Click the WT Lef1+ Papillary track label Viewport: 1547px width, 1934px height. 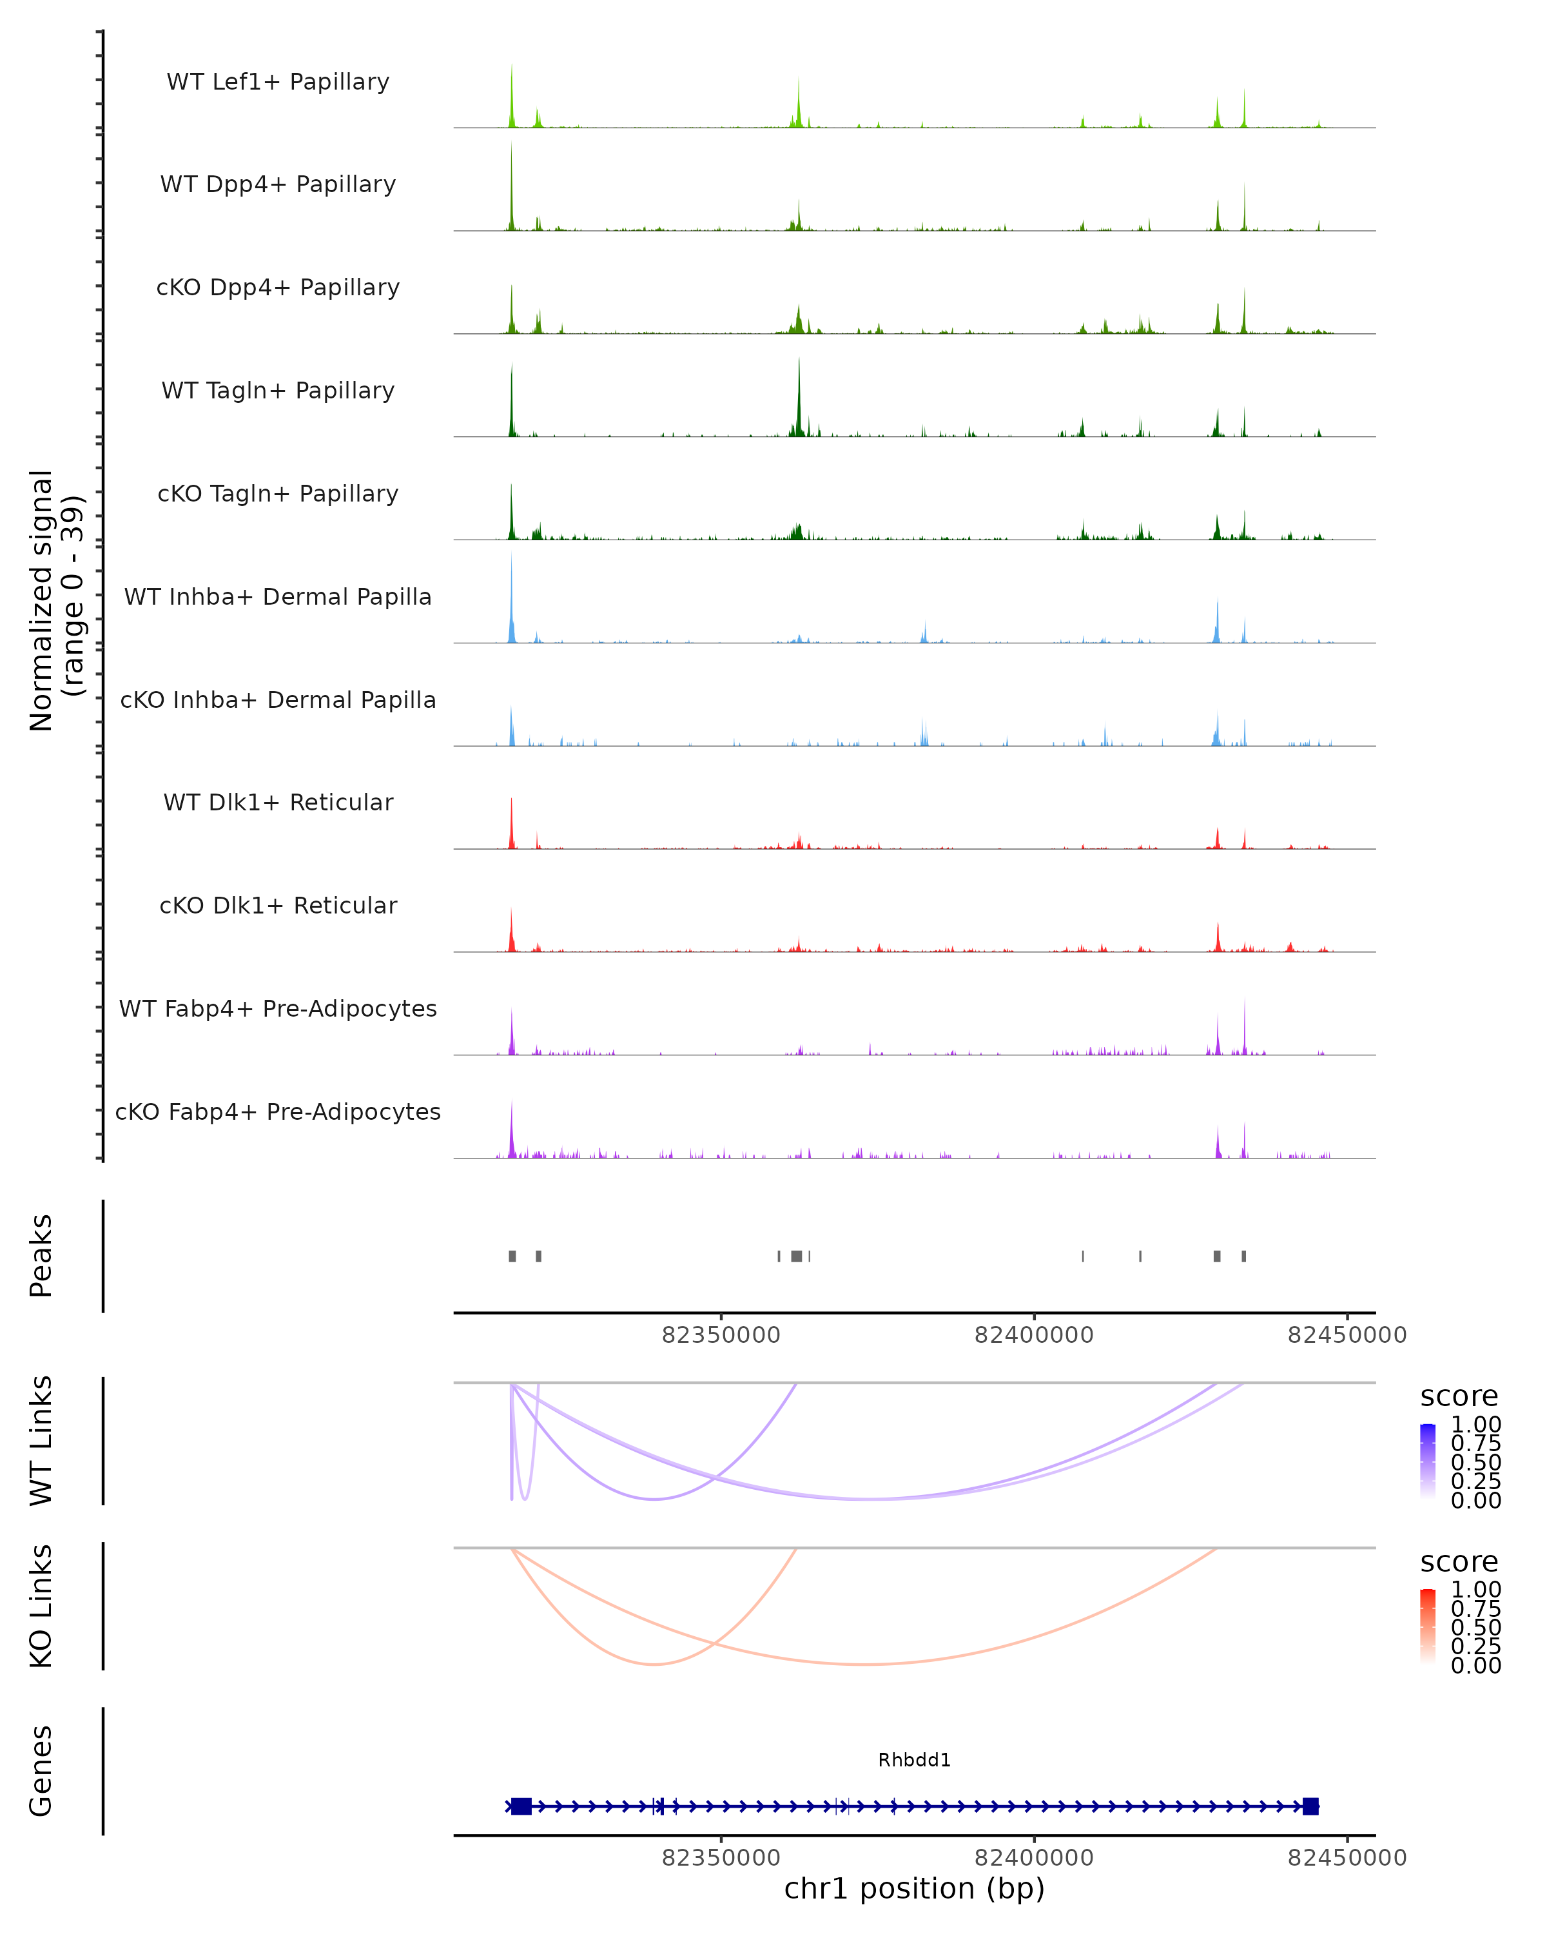coord(278,82)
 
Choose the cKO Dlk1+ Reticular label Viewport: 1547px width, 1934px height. coord(278,905)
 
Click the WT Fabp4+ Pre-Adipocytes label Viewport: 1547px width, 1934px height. coord(278,1008)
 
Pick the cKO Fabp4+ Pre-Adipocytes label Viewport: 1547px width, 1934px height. coord(278,1111)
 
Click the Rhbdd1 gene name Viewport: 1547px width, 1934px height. coord(914,1760)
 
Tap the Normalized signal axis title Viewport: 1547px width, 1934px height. coord(55,600)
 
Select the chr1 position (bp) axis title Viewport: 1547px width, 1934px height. coord(914,1888)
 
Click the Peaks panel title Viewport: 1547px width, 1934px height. coord(41,1256)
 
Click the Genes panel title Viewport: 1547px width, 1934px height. coord(41,1771)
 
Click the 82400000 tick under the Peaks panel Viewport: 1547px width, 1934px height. coord(1034,1335)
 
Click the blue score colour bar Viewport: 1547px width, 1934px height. coord(1428,1461)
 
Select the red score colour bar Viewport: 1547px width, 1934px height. coord(1428,1626)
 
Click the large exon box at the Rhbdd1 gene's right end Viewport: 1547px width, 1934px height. coord(1310,1806)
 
